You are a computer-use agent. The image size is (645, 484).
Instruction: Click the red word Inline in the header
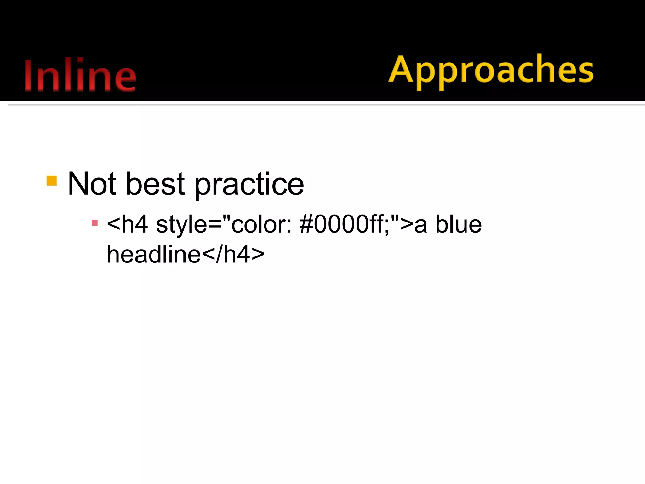[x=80, y=76]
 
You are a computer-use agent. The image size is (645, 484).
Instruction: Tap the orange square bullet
[x=52, y=181]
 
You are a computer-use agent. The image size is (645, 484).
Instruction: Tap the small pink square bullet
[x=94, y=223]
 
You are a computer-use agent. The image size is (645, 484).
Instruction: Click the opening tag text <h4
[x=127, y=224]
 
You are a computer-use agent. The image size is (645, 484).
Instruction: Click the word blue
[x=458, y=224]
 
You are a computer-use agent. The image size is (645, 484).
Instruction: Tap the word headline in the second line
[x=154, y=254]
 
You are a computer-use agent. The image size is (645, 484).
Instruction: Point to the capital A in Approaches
[x=401, y=69]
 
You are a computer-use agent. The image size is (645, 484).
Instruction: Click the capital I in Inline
[x=28, y=76]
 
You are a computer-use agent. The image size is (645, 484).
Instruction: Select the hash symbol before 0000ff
[x=306, y=224]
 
